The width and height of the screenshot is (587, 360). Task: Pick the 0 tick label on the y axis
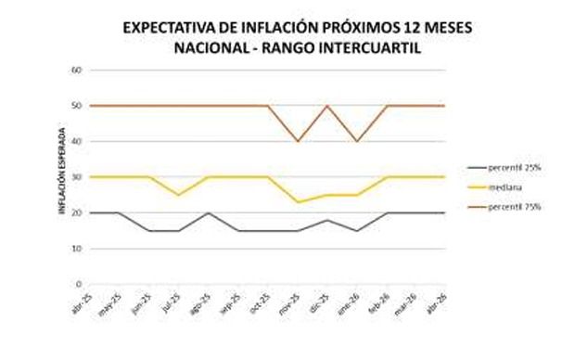point(81,284)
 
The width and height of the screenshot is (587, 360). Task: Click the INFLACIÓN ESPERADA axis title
point(63,177)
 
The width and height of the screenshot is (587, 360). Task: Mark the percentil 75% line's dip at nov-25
point(297,141)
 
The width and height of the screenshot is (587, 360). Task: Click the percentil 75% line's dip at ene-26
point(356,141)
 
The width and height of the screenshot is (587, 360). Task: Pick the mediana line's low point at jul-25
point(178,195)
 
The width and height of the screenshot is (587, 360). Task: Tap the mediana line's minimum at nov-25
point(297,202)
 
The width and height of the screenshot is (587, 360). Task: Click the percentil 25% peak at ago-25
point(208,212)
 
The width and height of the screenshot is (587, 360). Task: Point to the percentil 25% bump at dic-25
point(326,220)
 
